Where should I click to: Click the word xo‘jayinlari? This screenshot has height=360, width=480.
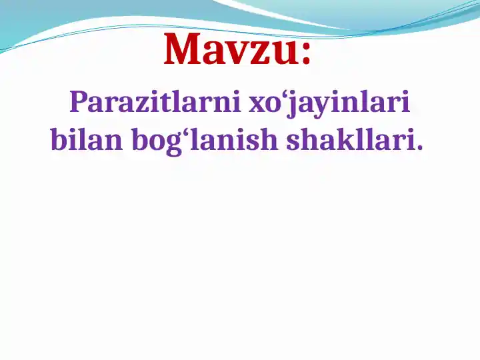pyautogui.click(x=329, y=105)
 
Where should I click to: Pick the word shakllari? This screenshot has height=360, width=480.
pyautogui.click(x=347, y=140)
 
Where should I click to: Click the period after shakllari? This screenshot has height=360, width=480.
pyautogui.click(x=419, y=147)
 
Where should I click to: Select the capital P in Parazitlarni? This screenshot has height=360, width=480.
pyautogui.click(x=79, y=103)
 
